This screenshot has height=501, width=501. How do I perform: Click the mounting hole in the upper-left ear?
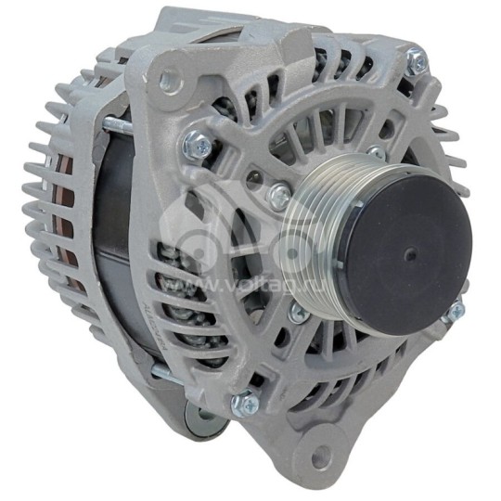point(167,81)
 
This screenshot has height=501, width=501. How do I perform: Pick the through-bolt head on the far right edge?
point(455,313)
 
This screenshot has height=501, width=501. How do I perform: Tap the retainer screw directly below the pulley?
point(299,314)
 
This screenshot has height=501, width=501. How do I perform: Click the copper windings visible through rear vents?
point(67,223)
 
